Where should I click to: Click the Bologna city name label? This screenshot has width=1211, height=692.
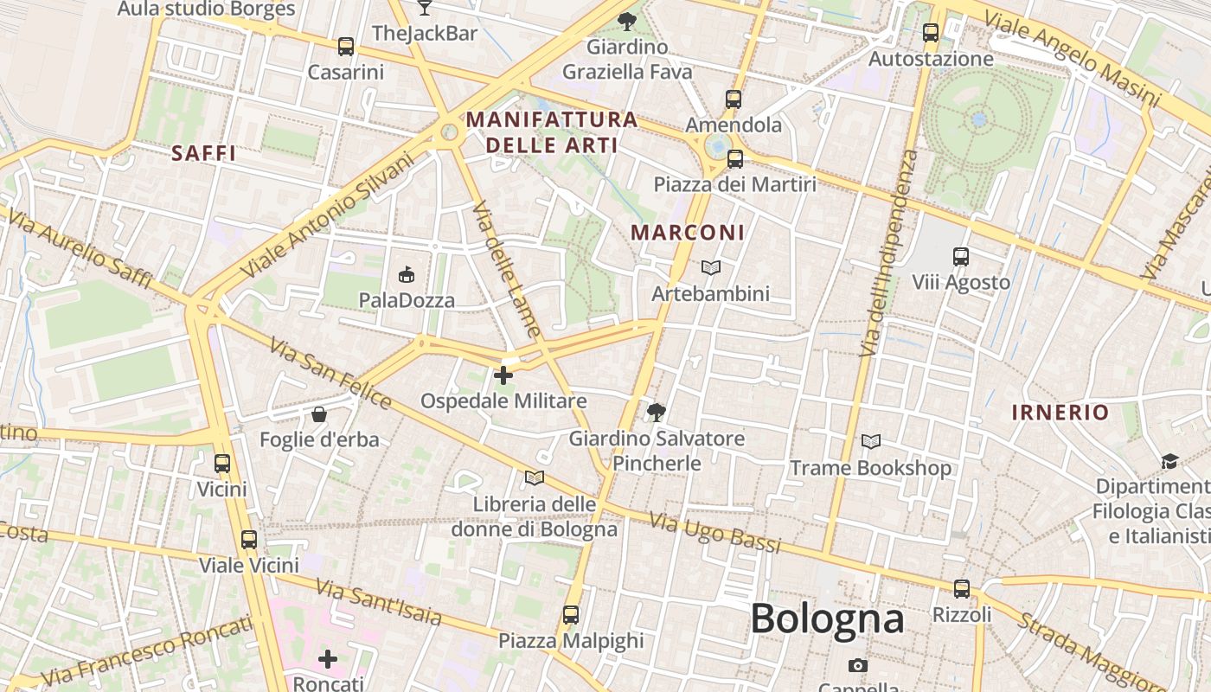pyautogui.click(x=827, y=618)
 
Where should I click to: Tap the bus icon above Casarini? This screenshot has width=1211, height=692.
pyautogui.click(x=346, y=47)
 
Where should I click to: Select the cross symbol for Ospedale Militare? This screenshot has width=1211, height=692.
pyautogui.click(x=503, y=375)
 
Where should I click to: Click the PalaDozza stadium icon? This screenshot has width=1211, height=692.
pyautogui.click(x=406, y=275)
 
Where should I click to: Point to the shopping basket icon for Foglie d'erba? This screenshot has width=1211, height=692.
pyautogui.click(x=319, y=414)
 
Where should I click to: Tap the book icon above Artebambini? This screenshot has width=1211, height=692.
pyautogui.click(x=710, y=268)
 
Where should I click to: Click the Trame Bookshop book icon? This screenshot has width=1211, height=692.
pyautogui.click(x=870, y=442)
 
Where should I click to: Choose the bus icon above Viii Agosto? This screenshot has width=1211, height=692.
pyautogui.click(x=961, y=257)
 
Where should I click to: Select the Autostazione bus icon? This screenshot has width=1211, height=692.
pyautogui.click(x=931, y=34)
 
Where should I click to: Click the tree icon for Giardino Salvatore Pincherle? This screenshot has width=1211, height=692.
pyautogui.click(x=657, y=412)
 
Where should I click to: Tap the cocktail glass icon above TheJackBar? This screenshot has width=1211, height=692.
pyautogui.click(x=424, y=8)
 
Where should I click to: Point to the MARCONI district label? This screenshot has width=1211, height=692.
pyautogui.click(x=688, y=233)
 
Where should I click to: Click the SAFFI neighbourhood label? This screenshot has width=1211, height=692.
pyautogui.click(x=204, y=154)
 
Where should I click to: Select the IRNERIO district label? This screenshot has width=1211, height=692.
pyautogui.click(x=1060, y=413)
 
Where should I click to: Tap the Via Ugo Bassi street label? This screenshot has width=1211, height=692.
pyautogui.click(x=714, y=533)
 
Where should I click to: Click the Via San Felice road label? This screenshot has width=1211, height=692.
pyautogui.click(x=330, y=373)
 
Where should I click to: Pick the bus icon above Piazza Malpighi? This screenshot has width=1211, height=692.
pyautogui.click(x=571, y=615)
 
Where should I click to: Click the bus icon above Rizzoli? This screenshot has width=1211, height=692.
pyautogui.click(x=962, y=589)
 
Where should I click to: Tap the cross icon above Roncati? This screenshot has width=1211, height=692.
pyautogui.click(x=328, y=659)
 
